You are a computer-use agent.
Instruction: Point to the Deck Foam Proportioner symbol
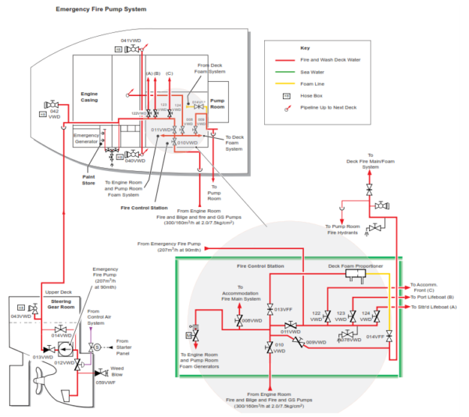point(354,277)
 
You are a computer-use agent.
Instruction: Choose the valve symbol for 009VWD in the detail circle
point(297,340)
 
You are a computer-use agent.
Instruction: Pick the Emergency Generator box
point(85,138)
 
